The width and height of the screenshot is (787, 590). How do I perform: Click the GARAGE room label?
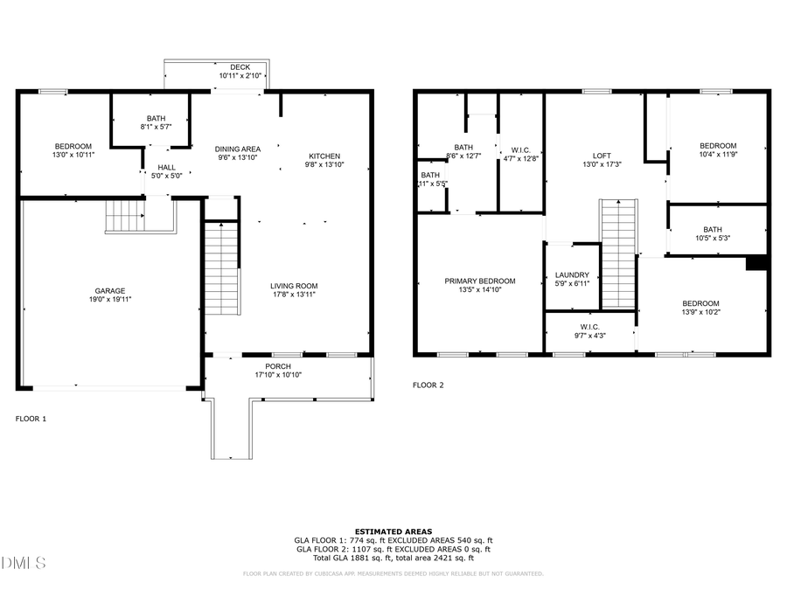click(x=110, y=291)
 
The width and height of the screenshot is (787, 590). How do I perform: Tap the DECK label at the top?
click(x=240, y=67)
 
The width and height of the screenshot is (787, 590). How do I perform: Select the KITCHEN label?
click(x=324, y=156)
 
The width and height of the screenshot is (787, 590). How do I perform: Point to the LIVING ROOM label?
click(x=293, y=286)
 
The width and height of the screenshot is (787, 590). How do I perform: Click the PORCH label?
click(x=278, y=366)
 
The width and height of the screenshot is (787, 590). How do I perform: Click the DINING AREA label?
click(x=238, y=149)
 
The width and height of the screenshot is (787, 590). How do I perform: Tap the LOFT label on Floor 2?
click(x=602, y=154)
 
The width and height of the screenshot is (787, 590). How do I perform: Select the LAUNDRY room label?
click(x=572, y=274)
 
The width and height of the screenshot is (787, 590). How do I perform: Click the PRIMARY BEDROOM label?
click(x=479, y=281)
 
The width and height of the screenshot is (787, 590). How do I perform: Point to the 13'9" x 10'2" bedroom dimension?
click(x=700, y=312)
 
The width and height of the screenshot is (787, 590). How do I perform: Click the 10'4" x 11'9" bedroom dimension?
click(x=717, y=155)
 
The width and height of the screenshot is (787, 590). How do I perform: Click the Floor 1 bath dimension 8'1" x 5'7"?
click(x=156, y=127)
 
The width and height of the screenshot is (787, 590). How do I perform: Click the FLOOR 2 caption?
click(x=428, y=385)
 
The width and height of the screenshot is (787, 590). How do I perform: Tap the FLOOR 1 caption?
click(x=31, y=419)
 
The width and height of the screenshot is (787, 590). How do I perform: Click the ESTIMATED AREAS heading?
click(x=393, y=531)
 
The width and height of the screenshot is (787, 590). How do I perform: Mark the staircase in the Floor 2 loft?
click(x=618, y=253)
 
